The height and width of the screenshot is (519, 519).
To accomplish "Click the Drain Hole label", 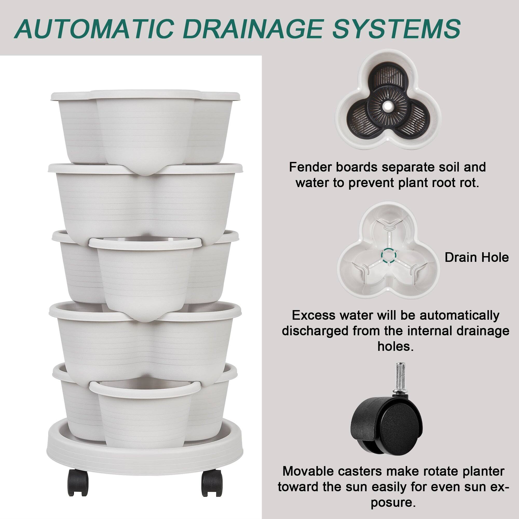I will click(476, 257).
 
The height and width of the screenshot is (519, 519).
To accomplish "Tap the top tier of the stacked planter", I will click(145, 126).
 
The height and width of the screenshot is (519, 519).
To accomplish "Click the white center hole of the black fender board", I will click(388, 106).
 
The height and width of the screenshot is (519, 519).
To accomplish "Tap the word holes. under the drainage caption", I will click(395, 346).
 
